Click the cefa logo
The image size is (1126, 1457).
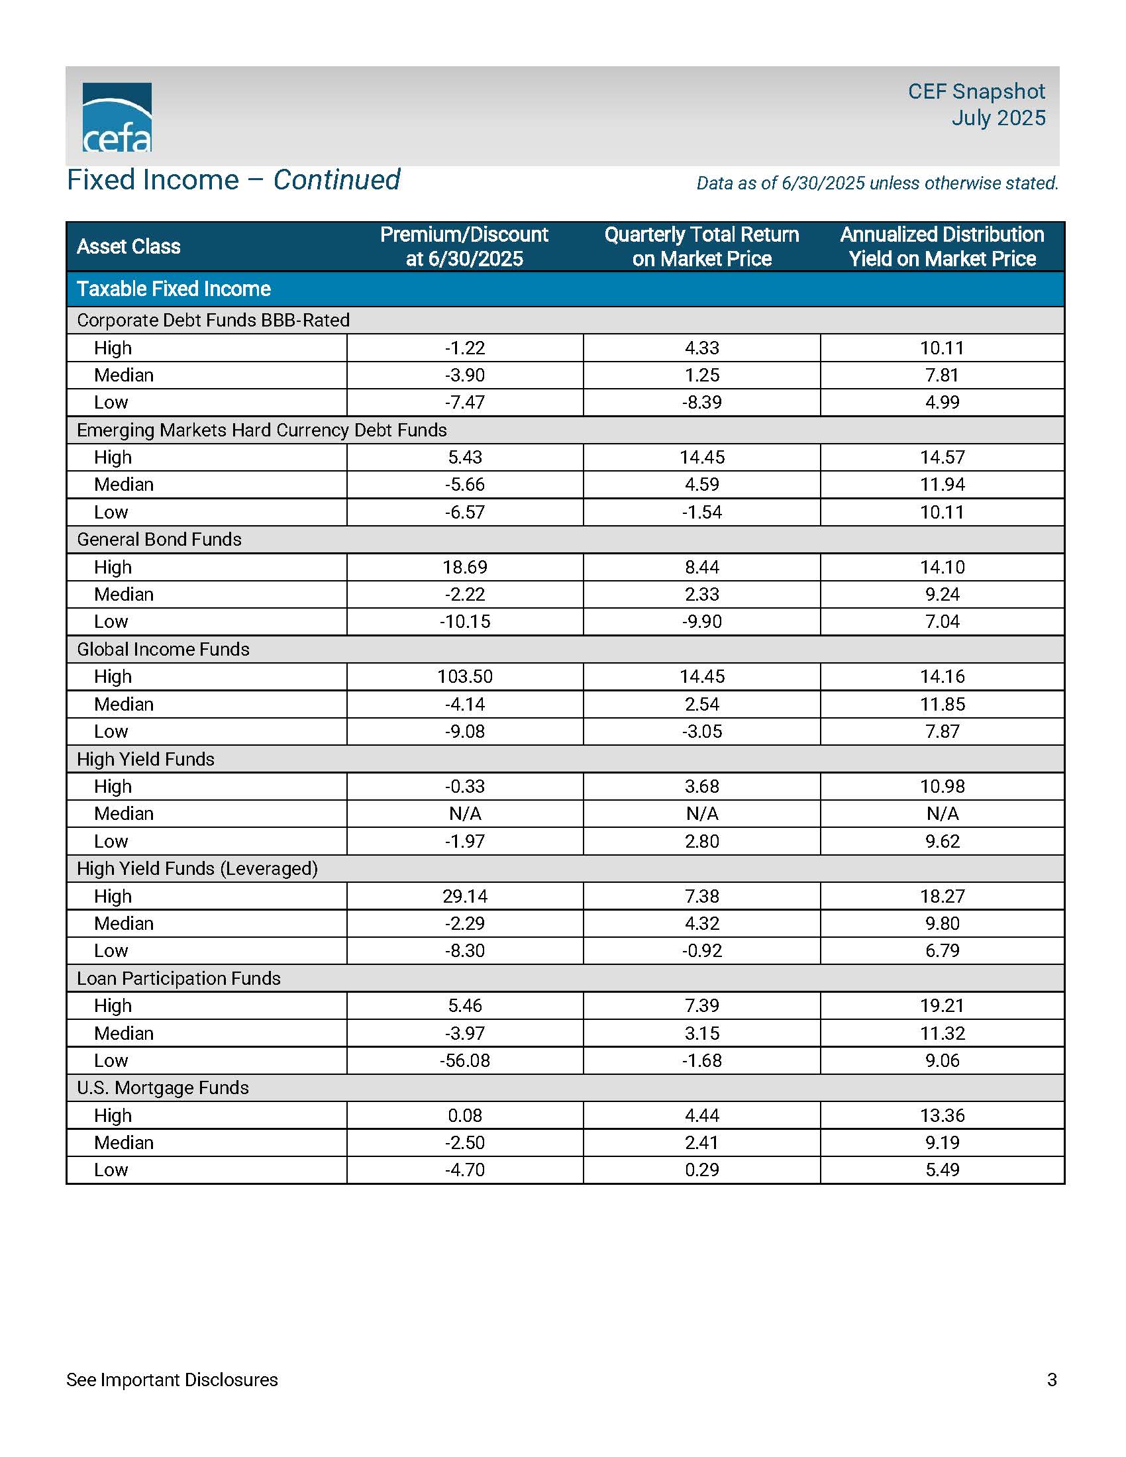[117, 118]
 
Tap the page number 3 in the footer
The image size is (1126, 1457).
[1052, 1379]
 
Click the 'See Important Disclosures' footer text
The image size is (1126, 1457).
[172, 1379]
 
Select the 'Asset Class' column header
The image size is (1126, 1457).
[128, 246]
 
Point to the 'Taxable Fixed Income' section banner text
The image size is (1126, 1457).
[174, 289]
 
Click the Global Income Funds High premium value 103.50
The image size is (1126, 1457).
[465, 676]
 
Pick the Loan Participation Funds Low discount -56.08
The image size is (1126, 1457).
[465, 1060]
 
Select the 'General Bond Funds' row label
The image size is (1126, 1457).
[159, 539]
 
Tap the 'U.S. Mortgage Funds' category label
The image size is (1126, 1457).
[163, 1087]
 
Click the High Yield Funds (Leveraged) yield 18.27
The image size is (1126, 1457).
[942, 896]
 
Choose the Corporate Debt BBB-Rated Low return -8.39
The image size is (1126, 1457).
[701, 402]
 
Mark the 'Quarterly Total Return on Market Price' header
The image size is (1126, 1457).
[701, 246]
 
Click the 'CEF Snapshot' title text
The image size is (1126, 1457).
[976, 91]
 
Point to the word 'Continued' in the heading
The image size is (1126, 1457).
[336, 180]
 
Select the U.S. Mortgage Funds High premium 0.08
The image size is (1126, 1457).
[465, 1115]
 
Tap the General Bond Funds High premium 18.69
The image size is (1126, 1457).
[465, 567]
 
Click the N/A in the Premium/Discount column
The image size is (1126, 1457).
[465, 813]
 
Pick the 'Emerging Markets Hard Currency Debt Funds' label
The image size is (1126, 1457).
[262, 430]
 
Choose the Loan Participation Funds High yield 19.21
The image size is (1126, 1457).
[942, 1005]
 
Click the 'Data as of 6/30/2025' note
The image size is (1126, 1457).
[877, 183]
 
